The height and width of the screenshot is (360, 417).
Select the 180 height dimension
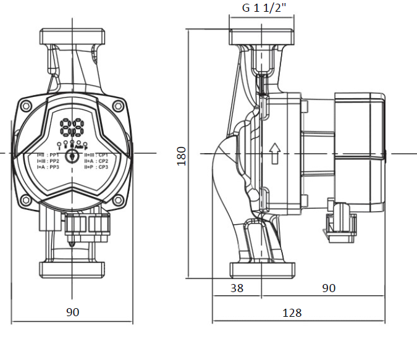point(182,156)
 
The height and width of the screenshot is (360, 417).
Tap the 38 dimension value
point(237,288)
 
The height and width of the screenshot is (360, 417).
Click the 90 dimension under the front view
point(73,312)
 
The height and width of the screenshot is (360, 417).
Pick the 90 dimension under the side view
point(329,288)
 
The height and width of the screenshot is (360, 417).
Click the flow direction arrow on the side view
point(275,151)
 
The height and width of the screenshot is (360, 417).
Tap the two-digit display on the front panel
point(73,128)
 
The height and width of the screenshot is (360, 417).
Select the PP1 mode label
point(54,154)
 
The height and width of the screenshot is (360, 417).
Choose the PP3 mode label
point(54,167)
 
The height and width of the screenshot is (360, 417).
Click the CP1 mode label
point(103,154)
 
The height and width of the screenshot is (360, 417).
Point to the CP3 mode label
point(103,167)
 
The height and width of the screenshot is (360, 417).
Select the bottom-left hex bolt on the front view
point(25,200)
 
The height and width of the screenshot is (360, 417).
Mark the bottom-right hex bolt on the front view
point(119,200)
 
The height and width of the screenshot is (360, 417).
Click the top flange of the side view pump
point(260,36)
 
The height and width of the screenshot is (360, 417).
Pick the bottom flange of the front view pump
point(73,269)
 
